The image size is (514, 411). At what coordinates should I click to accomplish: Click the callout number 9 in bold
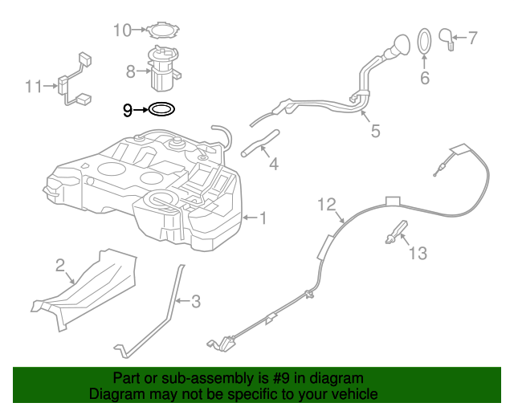(128, 110)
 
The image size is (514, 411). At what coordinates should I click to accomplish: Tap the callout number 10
(121, 31)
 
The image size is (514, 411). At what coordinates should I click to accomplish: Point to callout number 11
(33, 86)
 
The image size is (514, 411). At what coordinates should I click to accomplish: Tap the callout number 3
(195, 302)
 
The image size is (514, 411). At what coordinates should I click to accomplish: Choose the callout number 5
(375, 132)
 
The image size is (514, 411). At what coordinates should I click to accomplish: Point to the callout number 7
(472, 37)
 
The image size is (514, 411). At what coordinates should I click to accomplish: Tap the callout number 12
(324, 204)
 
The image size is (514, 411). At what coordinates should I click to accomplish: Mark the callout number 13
(418, 254)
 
